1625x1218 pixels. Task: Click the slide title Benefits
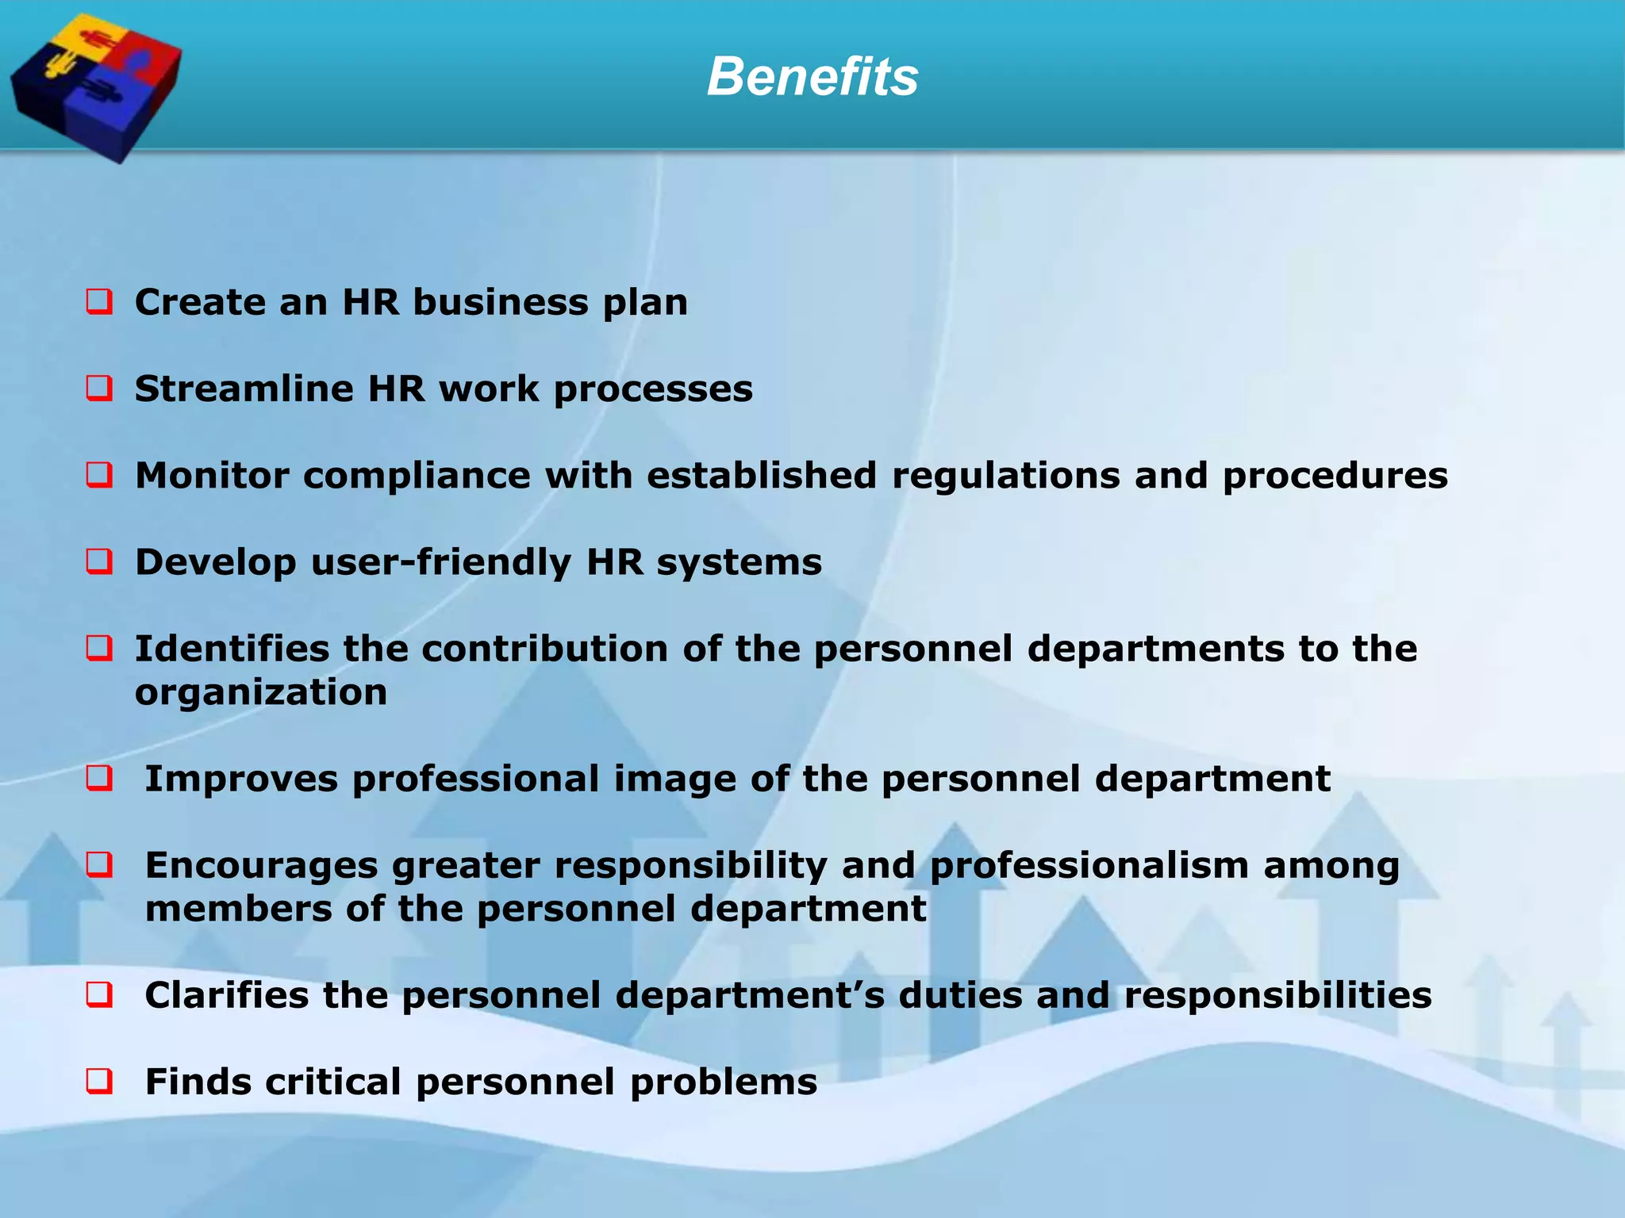click(812, 77)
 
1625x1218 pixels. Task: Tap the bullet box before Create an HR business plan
click(99, 302)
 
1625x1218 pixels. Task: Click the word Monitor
click(212, 475)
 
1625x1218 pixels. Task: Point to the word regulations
click(1006, 475)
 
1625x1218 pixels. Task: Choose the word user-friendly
click(441, 562)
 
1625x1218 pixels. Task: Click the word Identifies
click(232, 649)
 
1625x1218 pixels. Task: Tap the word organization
click(261, 692)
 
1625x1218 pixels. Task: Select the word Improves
click(241, 779)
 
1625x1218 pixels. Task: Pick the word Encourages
click(261, 865)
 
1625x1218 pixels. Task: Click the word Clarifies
click(227, 995)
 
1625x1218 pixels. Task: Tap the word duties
click(960, 995)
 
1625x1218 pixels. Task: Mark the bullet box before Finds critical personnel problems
click(99, 1082)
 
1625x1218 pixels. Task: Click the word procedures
click(1335, 476)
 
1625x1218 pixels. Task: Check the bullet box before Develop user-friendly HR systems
click(99, 562)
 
